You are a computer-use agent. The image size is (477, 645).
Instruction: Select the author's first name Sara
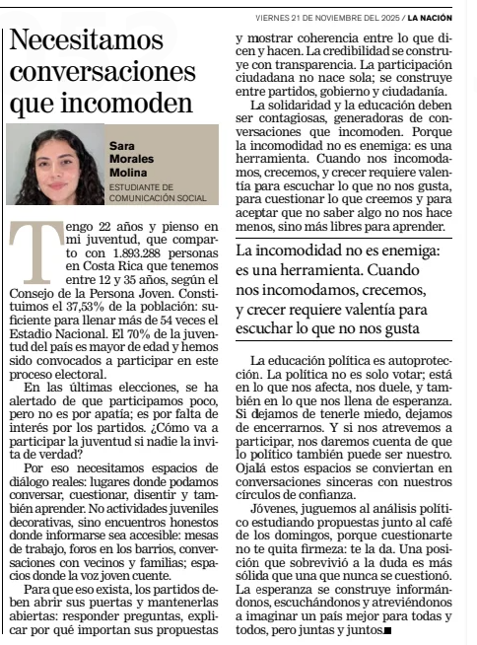[122, 145]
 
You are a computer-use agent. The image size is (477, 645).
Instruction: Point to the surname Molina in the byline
[128, 173]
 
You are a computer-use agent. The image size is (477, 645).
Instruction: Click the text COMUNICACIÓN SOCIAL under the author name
[158, 197]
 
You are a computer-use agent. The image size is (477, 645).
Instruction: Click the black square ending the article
[387, 629]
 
